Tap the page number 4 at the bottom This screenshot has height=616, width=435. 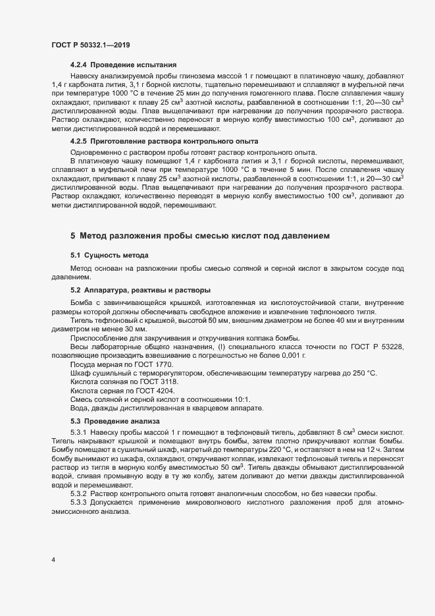[x=53, y=560]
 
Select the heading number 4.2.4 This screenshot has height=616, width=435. [x=78, y=65]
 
